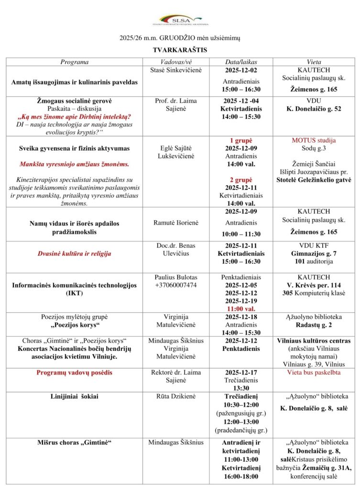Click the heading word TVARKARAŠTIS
180,49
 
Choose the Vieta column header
314,62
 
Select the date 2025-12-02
241,70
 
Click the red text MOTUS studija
314,141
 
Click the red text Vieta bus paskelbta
314,372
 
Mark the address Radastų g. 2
314,324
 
